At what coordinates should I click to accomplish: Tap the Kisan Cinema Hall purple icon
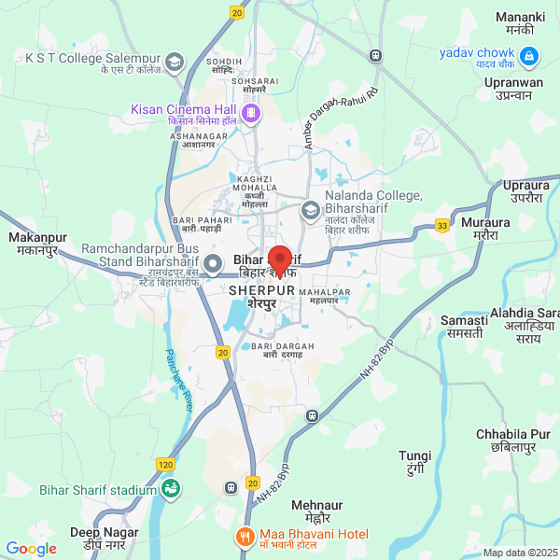point(251,113)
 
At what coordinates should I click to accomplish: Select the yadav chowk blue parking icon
point(529,58)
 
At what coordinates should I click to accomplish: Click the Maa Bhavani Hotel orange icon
point(244,537)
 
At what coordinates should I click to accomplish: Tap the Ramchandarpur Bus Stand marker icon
point(214,262)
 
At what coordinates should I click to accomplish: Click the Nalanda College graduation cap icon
point(309,211)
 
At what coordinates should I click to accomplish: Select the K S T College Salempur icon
point(174,63)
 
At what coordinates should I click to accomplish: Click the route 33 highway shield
point(442,224)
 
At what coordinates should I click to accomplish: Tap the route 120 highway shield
point(165,464)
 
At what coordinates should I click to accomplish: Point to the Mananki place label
point(521,24)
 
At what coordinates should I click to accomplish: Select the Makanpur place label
point(34,245)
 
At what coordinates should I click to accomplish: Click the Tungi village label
point(415,462)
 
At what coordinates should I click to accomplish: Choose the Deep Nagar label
point(98,539)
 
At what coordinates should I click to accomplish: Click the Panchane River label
point(180,382)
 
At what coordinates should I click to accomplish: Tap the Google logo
point(31,549)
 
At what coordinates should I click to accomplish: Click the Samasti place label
point(464,327)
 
